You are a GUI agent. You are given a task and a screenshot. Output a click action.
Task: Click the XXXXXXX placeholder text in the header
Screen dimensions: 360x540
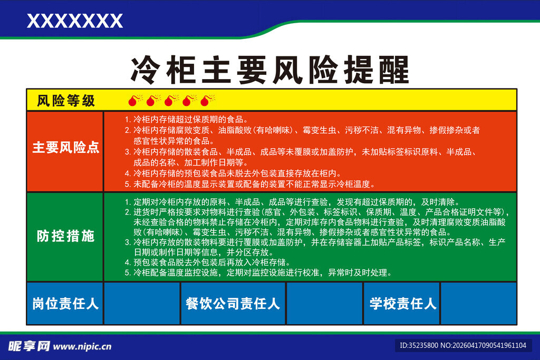(74, 21)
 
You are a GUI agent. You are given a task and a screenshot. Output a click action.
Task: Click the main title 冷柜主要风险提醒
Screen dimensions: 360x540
(269, 70)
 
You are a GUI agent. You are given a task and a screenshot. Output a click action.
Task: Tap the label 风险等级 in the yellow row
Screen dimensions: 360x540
(66, 101)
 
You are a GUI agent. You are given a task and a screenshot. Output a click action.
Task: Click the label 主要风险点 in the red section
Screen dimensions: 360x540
(66, 148)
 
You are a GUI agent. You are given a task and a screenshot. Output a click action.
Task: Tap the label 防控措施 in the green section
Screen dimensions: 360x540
(66, 236)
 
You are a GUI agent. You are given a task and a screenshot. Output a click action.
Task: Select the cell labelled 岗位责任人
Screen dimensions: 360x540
(65, 304)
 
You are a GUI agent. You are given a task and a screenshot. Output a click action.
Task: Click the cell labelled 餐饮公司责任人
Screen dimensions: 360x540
(233, 304)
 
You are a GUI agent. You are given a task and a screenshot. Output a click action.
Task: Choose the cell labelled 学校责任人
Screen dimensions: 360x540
(402, 304)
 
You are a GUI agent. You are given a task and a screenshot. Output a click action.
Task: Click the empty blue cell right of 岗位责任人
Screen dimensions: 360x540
(142, 304)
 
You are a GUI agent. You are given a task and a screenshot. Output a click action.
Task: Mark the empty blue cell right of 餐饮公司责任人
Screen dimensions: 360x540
(324, 304)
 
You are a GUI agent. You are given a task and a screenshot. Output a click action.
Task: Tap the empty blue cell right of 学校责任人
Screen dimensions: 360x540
(478, 304)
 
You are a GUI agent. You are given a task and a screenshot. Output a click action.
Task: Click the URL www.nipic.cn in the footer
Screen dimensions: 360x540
(83, 347)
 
